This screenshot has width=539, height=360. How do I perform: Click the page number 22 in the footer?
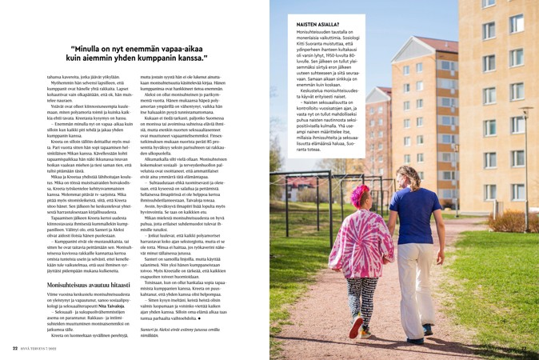(14, 348)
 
